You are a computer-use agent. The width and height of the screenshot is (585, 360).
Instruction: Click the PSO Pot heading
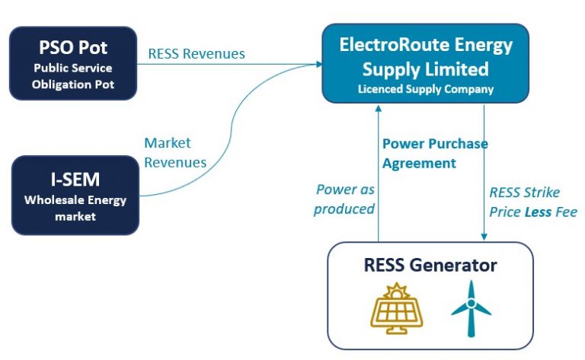pyautogui.click(x=73, y=48)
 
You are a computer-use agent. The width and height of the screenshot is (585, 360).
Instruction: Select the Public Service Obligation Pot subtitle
pyautogui.click(x=73, y=77)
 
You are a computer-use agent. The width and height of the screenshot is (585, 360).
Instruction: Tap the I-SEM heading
pyautogui.click(x=74, y=180)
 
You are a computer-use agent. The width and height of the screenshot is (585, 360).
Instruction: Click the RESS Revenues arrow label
pyautogui.click(x=197, y=53)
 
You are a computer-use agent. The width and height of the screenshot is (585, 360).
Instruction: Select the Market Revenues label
pyautogui.click(x=175, y=152)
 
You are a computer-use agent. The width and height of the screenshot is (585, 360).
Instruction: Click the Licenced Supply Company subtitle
pyautogui.click(x=426, y=89)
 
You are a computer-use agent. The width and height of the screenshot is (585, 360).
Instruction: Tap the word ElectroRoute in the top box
pyautogui.click(x=390, y=44)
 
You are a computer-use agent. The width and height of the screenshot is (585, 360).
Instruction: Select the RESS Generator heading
pyautogui.click(x=430, y=265)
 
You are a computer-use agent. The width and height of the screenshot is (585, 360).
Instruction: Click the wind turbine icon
pyautogui.click(x=471, y=308)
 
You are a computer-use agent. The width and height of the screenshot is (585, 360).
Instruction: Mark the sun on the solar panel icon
pyautogui.click(x=396, y=292)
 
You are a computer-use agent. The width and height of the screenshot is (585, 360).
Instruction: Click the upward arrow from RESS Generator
pyautogui.click(x=378, y=175)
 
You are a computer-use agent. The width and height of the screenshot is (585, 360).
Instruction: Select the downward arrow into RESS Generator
pyautogui.click(x=484, y=175)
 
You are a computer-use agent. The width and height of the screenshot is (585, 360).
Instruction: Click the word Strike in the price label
pyautogui.click(x=542, y=193)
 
